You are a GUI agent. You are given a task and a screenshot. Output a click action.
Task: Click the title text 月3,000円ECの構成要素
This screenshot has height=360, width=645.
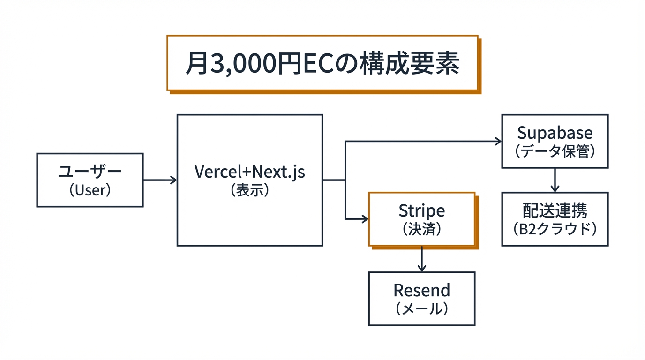point(322,63)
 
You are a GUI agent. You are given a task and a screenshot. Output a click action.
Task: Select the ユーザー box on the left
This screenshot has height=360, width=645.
point(90,180)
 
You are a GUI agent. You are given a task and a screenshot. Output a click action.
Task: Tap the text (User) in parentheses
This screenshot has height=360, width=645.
point(90,190)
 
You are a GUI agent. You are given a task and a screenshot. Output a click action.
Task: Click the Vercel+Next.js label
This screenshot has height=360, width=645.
point(249,172)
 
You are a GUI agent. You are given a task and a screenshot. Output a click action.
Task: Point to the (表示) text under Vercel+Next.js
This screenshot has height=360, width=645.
point(249,190)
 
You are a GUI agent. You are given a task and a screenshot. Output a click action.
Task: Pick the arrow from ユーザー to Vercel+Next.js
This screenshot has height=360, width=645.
point(159,180)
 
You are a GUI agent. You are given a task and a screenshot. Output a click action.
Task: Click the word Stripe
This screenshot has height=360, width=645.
point(421,210)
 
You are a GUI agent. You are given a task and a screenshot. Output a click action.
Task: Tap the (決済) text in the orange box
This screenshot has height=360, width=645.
point(421,229)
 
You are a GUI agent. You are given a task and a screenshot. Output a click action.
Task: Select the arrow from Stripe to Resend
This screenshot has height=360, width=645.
point(421,259)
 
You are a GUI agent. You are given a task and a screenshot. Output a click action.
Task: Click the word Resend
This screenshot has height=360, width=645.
point(421,290)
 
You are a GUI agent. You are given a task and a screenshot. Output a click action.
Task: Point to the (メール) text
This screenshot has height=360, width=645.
point(421,308)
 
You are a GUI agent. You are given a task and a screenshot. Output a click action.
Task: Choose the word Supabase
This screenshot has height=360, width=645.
point(555,133)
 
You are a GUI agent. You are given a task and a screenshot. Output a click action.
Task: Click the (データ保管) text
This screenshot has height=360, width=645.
point(555,151)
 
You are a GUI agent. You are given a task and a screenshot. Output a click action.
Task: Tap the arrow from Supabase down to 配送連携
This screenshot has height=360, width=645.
point(555,180)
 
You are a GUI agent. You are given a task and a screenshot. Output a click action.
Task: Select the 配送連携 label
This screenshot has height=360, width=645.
point(555,211)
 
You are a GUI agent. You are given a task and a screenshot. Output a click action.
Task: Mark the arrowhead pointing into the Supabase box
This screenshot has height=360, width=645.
point(498,141)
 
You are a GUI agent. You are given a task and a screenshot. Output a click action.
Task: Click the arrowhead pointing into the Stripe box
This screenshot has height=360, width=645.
point(365,219)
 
